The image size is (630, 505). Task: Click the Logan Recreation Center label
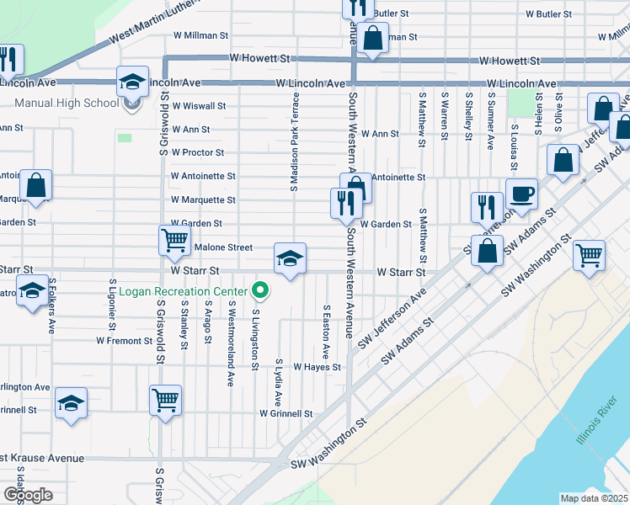click(x=183, y=292)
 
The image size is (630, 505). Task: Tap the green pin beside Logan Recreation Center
click(x=261, y=291)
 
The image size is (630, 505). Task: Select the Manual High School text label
click(x=67, y=104)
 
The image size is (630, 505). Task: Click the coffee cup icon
click(x=521, y=194)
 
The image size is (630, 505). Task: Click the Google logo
click(x=28, y=495)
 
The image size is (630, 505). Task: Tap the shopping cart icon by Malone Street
click(x=174, y=241)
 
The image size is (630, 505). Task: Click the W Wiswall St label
click(x=199, y=106)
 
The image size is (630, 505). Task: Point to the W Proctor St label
click(x=197, y=153)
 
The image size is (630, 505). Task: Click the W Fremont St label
click(x=123, y=341)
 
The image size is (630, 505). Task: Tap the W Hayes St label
click(x=317, y=367)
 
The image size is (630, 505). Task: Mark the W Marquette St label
click(x=203, y=200)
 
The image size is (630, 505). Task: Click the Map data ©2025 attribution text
click(x=593, y=498)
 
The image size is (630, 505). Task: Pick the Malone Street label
click(x=223, y=247)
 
